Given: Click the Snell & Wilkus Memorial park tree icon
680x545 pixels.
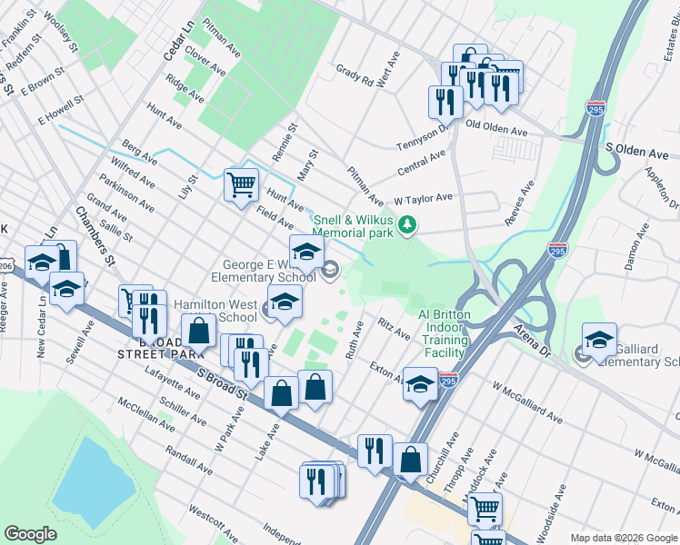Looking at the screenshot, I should (x=408, y=223).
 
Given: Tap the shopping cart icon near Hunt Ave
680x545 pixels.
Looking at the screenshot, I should (x=241, y=184).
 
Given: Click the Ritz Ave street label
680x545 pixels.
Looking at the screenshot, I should (x=395, y=329).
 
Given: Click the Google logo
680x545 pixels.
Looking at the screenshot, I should (x=30, y=534).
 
